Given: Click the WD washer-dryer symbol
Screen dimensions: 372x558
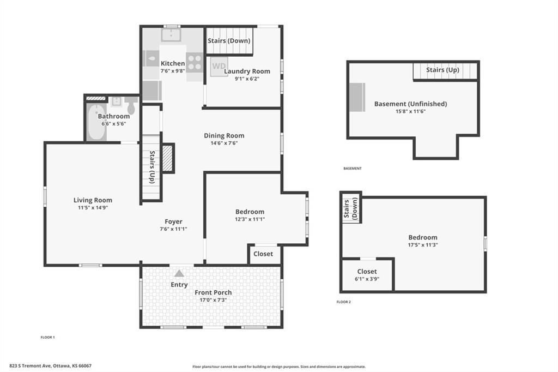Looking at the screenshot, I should pyautogui.click(x=219, y=67).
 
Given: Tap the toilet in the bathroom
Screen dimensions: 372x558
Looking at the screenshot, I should pyautogui.click(x=131, y=105).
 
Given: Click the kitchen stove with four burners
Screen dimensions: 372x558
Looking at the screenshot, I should pyautogui.click(x=195, y=63).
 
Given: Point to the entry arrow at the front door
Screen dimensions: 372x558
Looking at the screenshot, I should pyautogui.click(x=179, y=273).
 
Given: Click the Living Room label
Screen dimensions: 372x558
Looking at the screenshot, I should pyautogui.click(x=93, y=200).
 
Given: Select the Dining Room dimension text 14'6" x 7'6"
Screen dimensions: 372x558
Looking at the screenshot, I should pyautogui.click(x=224, y=143).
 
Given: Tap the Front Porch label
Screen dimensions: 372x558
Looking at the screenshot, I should pyautogui.click(x=213, y=292).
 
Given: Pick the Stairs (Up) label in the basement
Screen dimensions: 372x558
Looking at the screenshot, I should pyautogui.click(x=442, y=70).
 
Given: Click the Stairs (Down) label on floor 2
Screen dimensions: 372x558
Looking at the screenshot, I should pyautogui.click(x=351, y=207).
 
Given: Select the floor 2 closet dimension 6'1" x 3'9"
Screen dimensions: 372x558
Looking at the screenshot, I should pyautogui.click(x=367, y=279).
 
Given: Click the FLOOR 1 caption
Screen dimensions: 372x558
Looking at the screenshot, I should pyautogui.click(x=48, y=337).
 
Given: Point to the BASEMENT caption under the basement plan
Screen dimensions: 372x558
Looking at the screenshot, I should pyautogui.click(x=352, y=169).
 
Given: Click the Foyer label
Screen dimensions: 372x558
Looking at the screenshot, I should pyautogui.click(x=173, y=221).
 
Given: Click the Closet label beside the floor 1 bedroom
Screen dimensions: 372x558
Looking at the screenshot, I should pyautogui.click(x=264, y=254).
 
